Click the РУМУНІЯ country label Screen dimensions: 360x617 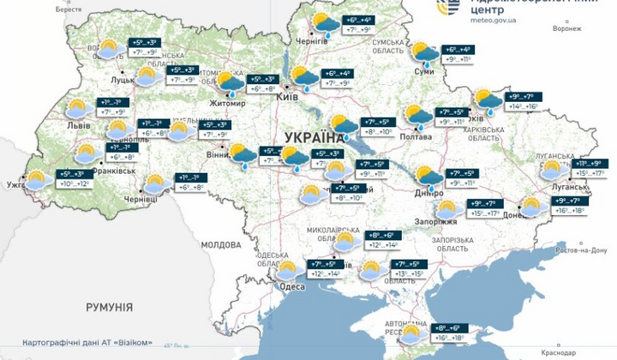coord(109,306)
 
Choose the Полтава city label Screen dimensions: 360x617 coord(415,136)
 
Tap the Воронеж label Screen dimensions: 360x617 coord(566,28)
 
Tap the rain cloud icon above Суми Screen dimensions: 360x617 coord(425,54)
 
